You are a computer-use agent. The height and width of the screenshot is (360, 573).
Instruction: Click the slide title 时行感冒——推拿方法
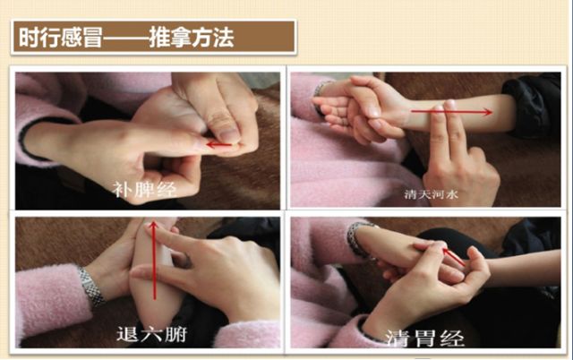click(126, 38)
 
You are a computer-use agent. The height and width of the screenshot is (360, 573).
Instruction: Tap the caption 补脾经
click(144, 190)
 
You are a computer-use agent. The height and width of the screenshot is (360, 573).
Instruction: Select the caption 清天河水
click(432, 194)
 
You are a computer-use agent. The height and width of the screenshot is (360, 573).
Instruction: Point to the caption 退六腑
click(151, 334)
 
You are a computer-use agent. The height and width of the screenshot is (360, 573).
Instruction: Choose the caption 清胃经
click(425, 339)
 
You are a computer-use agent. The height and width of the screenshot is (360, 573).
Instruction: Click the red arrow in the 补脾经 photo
click(219, 145)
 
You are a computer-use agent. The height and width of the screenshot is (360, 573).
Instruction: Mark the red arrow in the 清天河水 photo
click(451, 112)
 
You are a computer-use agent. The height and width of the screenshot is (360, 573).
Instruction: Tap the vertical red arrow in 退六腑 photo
click(154, 260)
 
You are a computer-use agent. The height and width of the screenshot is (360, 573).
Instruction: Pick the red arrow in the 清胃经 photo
click(454, 257)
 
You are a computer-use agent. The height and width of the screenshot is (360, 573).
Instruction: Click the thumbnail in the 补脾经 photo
click(229, 135)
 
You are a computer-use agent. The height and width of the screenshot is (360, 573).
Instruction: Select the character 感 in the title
click(72, 38)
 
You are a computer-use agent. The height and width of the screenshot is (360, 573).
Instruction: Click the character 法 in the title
click(224, 38)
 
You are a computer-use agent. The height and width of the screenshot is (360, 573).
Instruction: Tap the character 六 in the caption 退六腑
click(151, 334)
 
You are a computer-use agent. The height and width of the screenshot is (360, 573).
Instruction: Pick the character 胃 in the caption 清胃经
click(425, 339)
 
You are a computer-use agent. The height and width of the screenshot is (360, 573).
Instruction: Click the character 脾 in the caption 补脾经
click(144, 190)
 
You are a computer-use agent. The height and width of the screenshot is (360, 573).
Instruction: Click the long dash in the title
click(125, 38)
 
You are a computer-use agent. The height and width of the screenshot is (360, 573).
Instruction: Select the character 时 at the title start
click(30, 38)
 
